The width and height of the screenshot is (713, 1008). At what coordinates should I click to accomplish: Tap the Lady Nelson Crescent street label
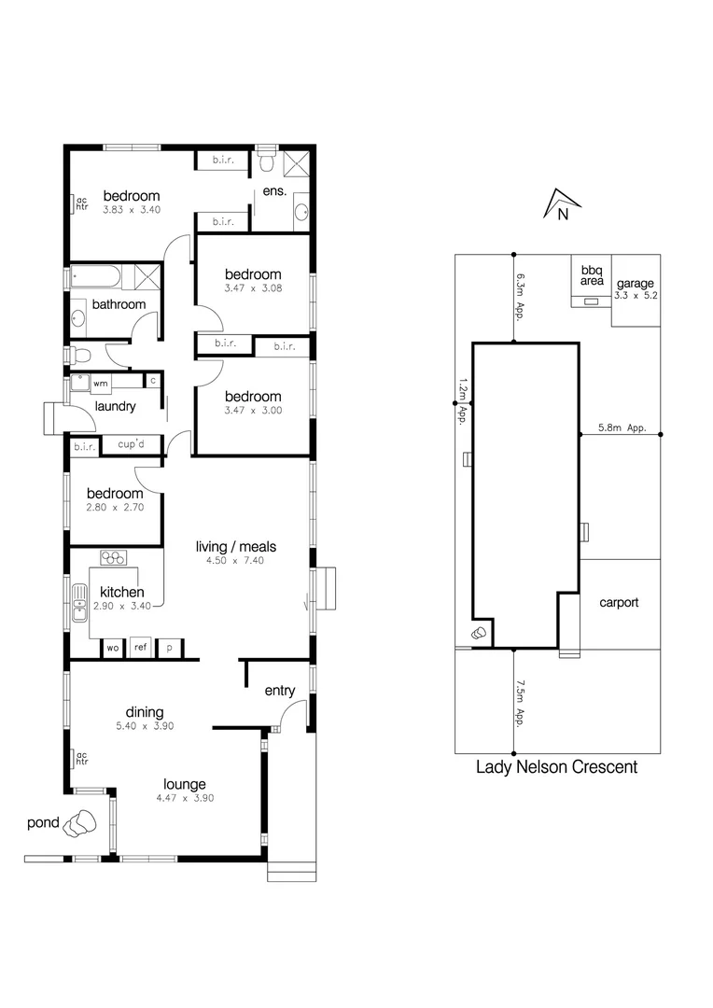[556, 767]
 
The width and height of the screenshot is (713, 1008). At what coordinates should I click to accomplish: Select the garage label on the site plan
[634, 284]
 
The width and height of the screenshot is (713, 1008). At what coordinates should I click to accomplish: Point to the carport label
[618, 602]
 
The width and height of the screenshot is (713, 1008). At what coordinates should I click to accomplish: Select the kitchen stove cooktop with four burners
[114, 558]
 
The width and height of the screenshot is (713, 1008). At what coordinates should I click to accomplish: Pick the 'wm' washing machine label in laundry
[100, 383]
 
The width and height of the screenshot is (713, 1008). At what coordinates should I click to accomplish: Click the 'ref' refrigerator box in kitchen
[140, 647]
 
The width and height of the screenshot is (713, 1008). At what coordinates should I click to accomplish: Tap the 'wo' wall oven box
[112, 647]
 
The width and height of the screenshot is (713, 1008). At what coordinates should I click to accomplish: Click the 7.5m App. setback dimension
[519, 703]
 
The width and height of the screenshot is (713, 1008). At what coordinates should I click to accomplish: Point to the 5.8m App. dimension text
[622, 428]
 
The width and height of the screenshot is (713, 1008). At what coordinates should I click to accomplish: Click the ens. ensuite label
[274, 191]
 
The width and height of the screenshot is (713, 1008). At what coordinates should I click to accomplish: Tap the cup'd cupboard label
[130, 444]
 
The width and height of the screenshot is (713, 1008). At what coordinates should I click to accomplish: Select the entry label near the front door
[280, 691]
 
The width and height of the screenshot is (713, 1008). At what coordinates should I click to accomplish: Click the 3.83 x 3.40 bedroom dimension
[132, 210]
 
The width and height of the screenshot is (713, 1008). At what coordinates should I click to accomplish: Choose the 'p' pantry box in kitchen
[170, 647]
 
